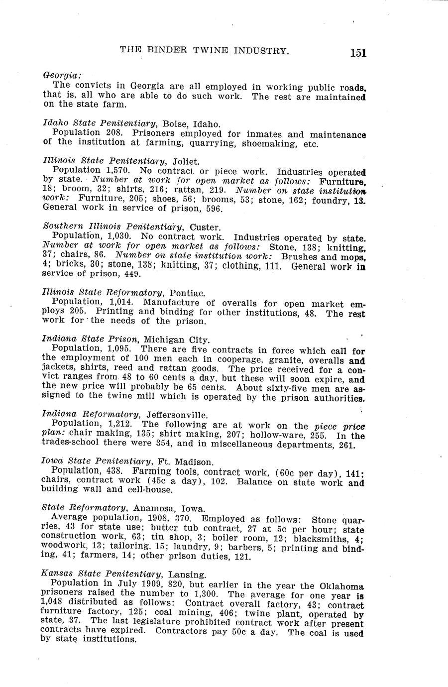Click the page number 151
pos(358,53)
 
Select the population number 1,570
pos(117,170)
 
